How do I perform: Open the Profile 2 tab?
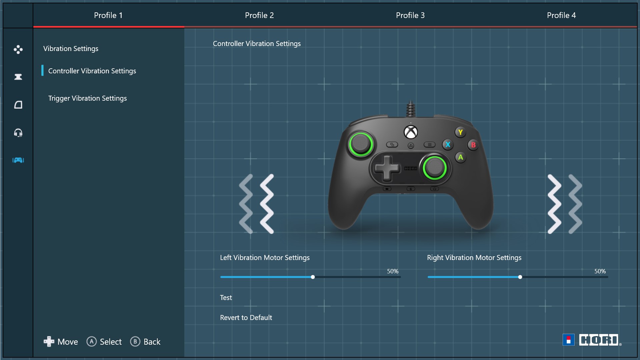click(259, 15)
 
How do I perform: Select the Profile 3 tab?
click(410, 15)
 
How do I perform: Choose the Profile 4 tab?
click(561, 15)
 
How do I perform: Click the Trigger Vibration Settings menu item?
click(87, 98)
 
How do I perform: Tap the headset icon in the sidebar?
click(18, 133)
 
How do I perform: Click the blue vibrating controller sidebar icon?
click(18, 160)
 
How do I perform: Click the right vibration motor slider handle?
click(520, 277)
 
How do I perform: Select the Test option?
click(226, 298)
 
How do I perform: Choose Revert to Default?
click(246, 318)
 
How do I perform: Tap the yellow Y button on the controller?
click(460, 132)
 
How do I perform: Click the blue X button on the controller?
click(448, 145)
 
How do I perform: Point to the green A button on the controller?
click(460, 157)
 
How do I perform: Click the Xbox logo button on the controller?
click(411, 132)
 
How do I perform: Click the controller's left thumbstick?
click(360, 144)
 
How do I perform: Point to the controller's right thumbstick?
click(435, 167)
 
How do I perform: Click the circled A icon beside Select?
click(92, 342)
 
